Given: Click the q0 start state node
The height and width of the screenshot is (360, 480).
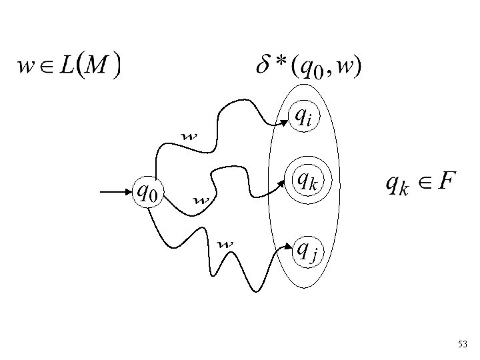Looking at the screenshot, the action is point(148,192).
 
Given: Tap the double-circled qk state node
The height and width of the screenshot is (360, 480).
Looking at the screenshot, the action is point(306,180).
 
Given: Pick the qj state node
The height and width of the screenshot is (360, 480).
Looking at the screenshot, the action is point(306,251).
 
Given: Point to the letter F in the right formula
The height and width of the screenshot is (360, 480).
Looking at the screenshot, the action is point(447,180).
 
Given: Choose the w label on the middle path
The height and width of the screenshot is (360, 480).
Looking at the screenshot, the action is point(201,199).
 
